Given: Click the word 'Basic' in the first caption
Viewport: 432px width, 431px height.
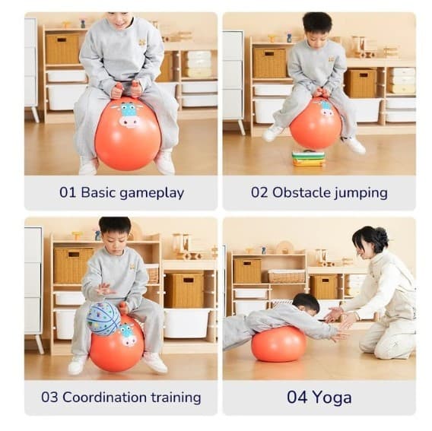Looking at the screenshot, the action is pyautogui.click(x=97, y=192).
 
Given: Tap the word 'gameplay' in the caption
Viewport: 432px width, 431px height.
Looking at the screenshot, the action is pyautogui.click(x=152, y=194).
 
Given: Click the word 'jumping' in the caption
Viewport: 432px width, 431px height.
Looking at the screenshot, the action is pyautogui.click(x=361, y=194).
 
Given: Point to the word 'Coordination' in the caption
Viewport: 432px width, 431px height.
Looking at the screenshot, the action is pyautogui.click(x=104, y=398).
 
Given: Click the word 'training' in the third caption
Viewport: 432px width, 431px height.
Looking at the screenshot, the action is pyautogui.click(x=176, y=398).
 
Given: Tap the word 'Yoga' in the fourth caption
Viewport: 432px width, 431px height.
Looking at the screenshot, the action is pyautogui.click(x=332, y=398).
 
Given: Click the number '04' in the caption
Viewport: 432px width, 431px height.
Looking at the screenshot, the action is pyautogui.click(x=297, y=397).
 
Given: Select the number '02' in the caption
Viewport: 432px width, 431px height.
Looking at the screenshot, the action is pyautogui.click(x=259, y=192).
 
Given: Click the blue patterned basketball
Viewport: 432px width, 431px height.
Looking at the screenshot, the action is pyautogui.click(x=103, y=318).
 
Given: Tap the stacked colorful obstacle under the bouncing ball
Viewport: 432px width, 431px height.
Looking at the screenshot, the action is pyautogui.click(x=308, y=158).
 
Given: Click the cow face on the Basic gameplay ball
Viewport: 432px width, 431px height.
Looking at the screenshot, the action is pyautogui.click(x=129, y=114).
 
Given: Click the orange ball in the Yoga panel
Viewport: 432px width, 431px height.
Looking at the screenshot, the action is pyautogui.click(x=279, y=344).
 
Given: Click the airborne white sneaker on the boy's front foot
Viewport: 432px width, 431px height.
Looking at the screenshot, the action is pyautogui.click(x=272, y=132).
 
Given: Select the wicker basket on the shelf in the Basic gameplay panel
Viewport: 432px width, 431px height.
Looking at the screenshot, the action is pyautogui.click(x=62, y=49).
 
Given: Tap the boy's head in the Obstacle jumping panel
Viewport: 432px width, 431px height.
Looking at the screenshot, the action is pyautogui.click(x=318, y=28).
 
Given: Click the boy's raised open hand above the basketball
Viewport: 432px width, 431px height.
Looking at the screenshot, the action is pyautogui.click(x=105, y=289).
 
